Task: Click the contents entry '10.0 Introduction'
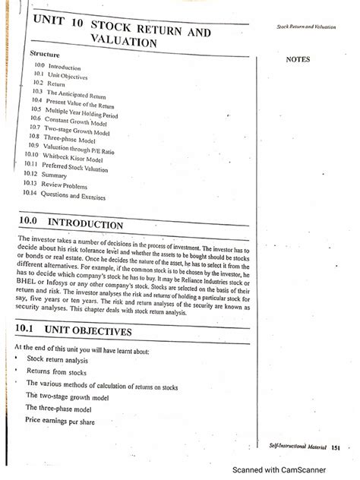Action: pos(59,68)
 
